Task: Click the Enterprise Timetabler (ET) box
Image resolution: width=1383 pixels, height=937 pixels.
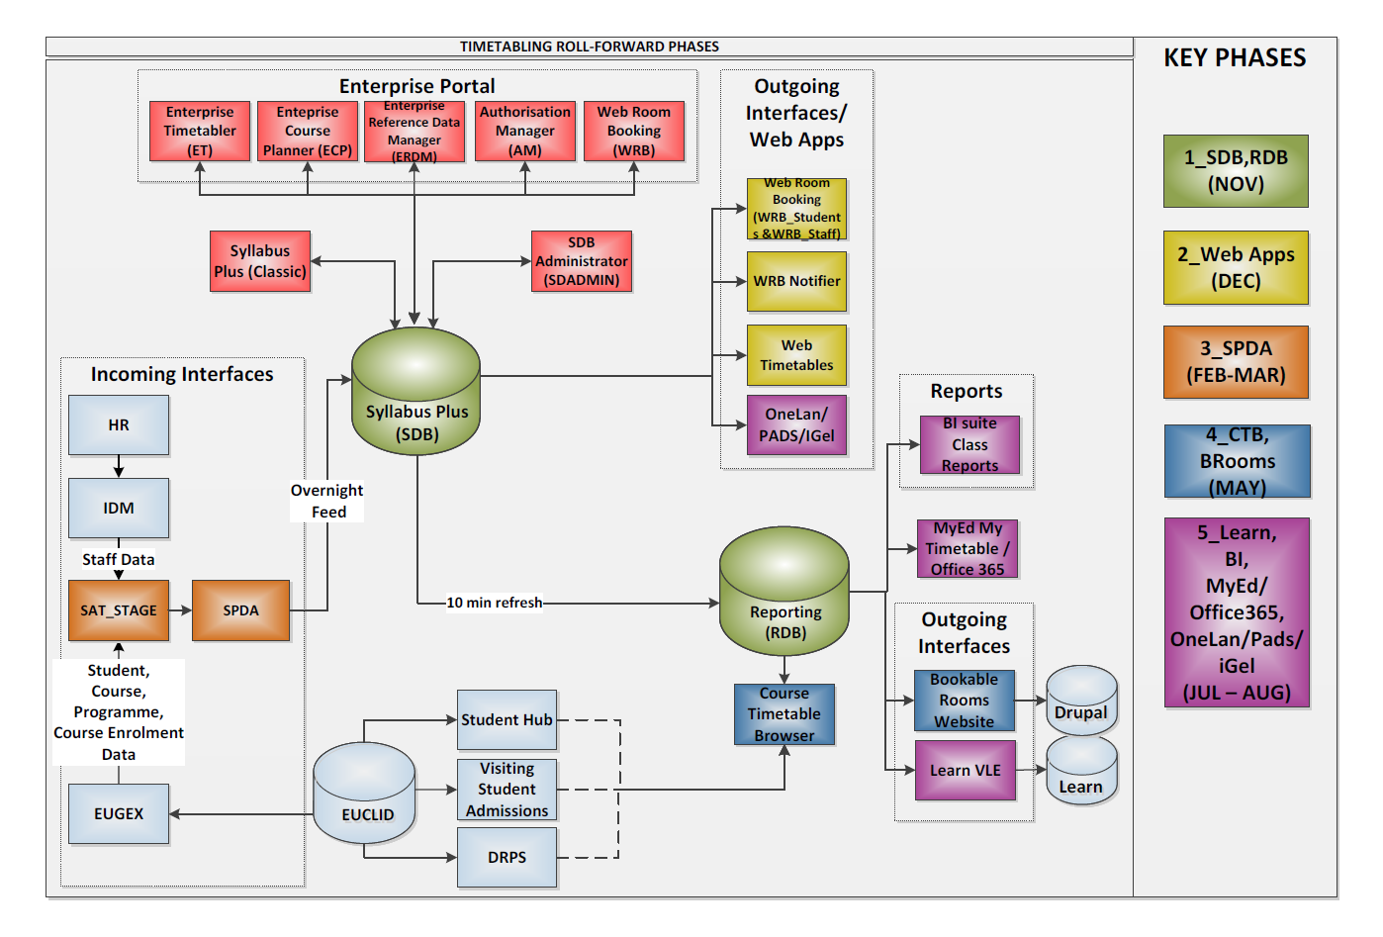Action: click(x=200, y=131)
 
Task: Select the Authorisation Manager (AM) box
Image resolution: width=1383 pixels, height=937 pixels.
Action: click(x=525, y=131)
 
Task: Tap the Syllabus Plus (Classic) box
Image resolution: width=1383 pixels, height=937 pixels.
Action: click(x=260, y=261)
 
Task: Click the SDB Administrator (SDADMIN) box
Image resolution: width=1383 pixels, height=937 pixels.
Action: click(x=581, y=261)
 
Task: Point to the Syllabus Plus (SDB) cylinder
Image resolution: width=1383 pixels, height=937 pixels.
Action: click(x=416, y=396)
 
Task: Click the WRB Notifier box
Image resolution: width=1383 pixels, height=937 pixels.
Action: click(x=796, y=281)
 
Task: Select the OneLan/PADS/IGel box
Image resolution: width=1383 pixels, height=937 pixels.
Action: click(x=796, y=424)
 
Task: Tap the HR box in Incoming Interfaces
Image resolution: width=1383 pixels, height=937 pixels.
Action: click(x=119, y=424)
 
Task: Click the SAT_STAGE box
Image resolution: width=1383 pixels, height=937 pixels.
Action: click(x=119, y=610)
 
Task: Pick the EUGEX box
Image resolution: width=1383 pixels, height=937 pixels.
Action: click(x=119, y=813)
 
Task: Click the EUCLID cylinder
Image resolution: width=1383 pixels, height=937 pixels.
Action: click(x=365, y=796)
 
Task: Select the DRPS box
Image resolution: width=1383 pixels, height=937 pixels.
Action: click(x=507, y=857)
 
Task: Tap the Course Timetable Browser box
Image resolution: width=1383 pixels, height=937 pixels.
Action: click(x=784, y=714)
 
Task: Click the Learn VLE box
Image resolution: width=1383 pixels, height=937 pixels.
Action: click(x=965, y=770)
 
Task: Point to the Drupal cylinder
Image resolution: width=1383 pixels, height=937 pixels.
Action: click(x=1081, y=701)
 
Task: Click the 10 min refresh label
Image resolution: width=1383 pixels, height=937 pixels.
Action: click(x=494, y=603)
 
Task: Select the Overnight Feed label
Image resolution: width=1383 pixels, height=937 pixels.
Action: click(x=327, y=501)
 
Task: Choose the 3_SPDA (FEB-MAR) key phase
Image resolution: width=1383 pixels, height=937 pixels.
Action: click(x=1236, y=362)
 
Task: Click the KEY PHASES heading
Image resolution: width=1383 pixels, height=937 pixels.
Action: click(x=1235, y=58)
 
